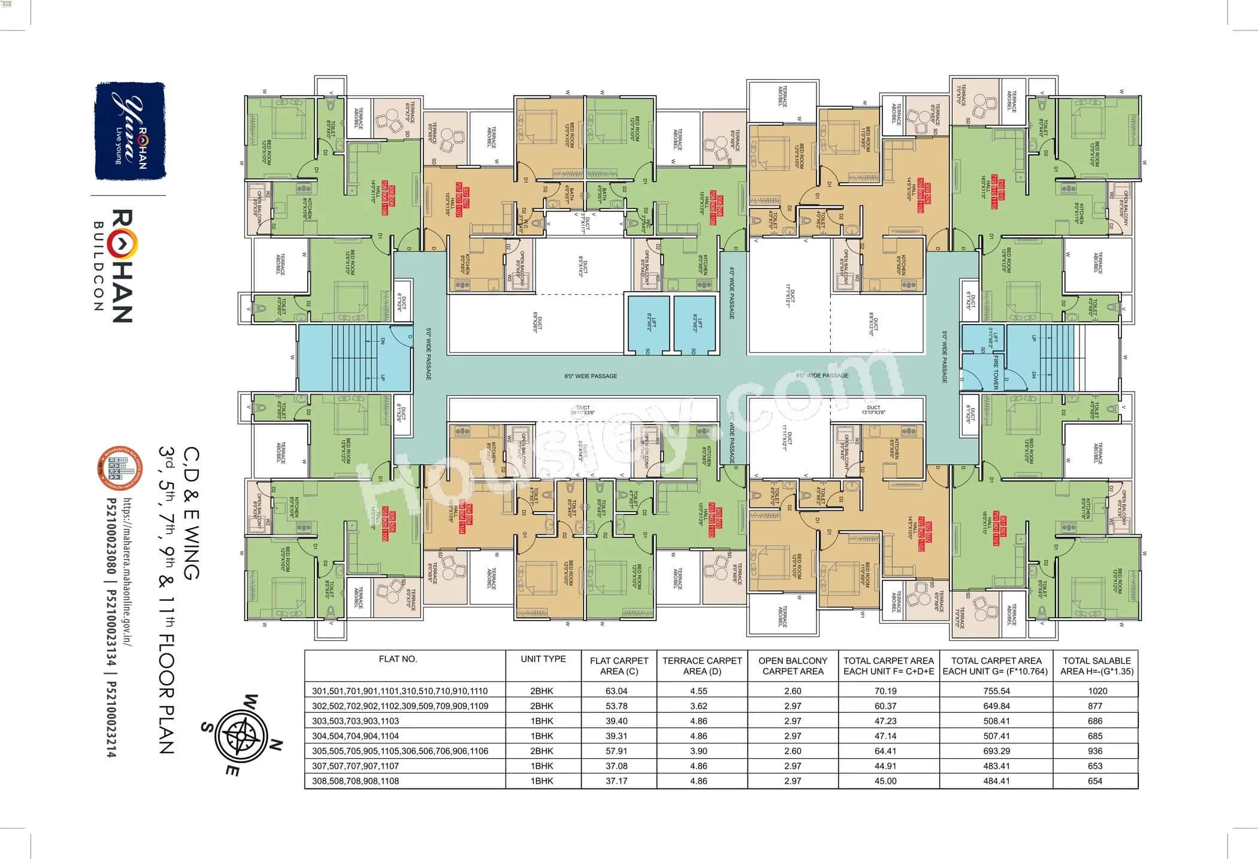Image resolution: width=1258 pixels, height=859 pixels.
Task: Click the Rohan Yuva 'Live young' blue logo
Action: click(x=130, y=131)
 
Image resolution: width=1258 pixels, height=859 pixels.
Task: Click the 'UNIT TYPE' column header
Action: click(x=543, y=659)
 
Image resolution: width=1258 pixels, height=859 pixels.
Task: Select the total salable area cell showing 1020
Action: click(x=1097, y=691)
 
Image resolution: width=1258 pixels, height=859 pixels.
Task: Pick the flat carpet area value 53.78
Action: click(x=619, y=706)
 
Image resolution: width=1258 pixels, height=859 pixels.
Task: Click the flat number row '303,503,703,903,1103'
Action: click(x=355, y=721)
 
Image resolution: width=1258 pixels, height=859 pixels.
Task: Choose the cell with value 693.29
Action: click(x=996, y=751)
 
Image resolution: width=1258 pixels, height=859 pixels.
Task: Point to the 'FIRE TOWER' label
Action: click(x=996, y=371)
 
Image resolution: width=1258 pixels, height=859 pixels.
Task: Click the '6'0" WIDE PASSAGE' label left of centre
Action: click(x=591, y=376)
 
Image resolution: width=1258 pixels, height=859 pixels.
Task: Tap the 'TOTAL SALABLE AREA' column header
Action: click(x=1097, y=666)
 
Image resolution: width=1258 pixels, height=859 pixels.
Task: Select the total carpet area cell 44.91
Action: click(x=885, y=766)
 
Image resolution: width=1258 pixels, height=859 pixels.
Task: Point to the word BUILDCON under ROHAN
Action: click(x=98, y=266)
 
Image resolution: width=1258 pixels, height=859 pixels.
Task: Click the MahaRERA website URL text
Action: click(x=128, y=571)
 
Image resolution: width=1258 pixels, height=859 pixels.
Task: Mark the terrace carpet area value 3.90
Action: click(x=698, y=751)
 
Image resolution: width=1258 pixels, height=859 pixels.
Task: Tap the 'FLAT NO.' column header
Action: click(x=398, y=659)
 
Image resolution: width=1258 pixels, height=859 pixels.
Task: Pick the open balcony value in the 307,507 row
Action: click(x=793, y=766)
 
